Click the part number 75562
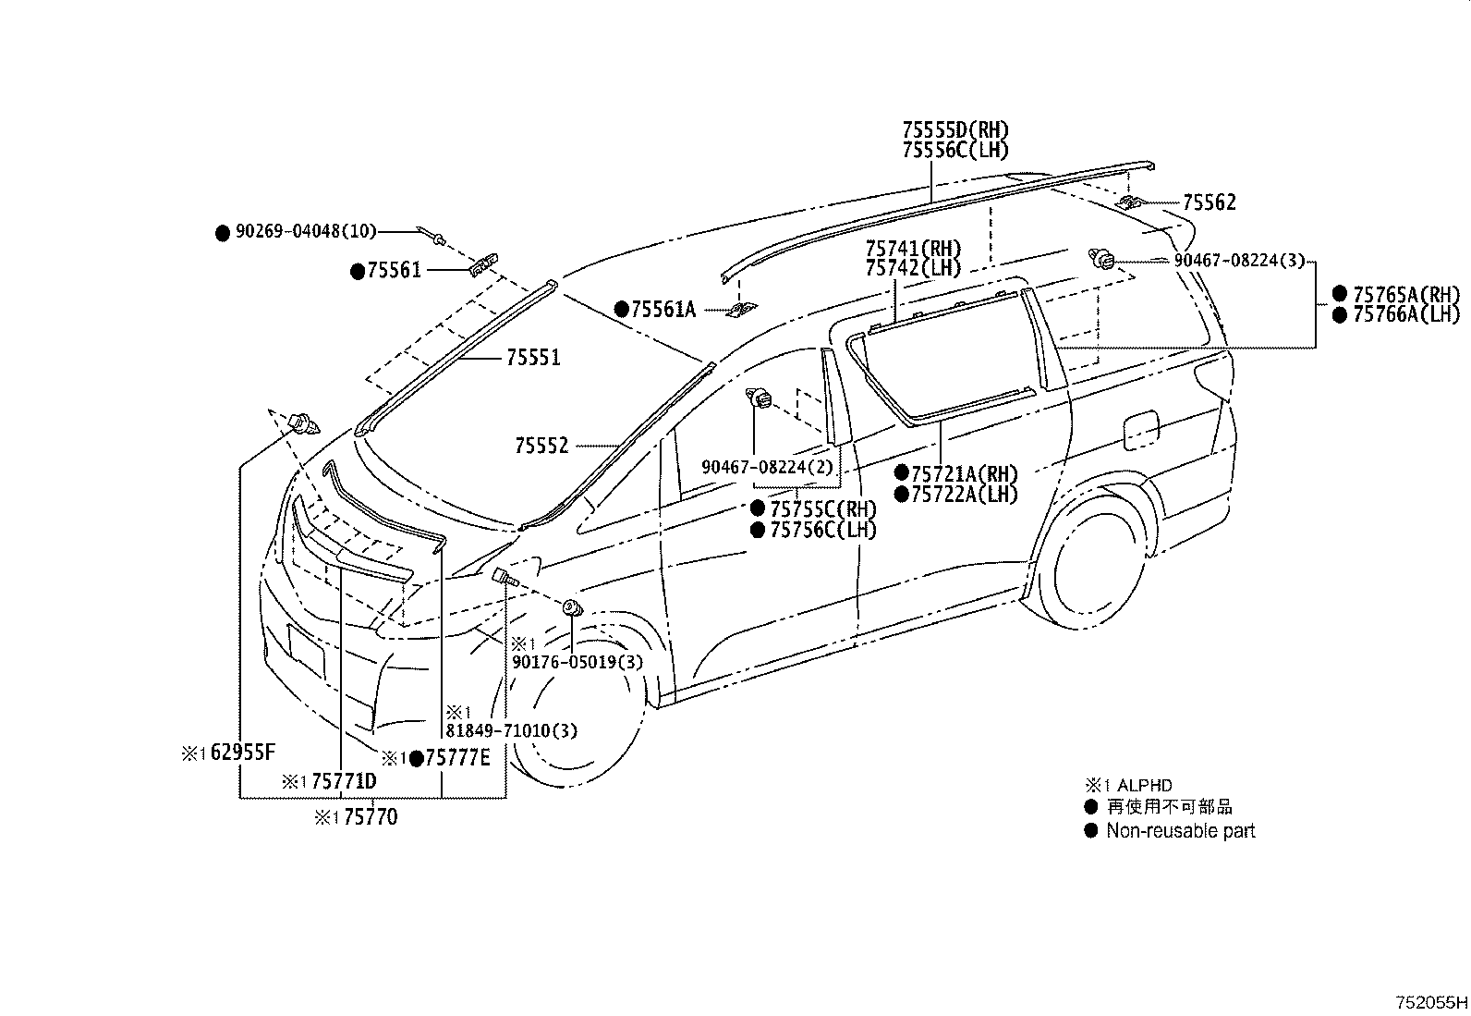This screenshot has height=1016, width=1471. tap(1210, 202)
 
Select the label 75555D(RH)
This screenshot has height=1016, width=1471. tap(955, 129)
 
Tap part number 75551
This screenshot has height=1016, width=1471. tap(533, 358)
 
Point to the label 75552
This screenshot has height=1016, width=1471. tap(541, 446)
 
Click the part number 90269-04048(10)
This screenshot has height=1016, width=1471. tap(306, 231)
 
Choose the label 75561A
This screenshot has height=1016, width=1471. tap(663, 309)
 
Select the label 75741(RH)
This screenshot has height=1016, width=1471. tap(913, 249)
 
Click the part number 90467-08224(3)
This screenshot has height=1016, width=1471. tap(1239, 261)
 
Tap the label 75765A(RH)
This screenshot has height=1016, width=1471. tap(1406, 294)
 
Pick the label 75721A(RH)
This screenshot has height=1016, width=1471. tap(965, 474)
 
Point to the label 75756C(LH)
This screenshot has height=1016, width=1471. tap(823, 530)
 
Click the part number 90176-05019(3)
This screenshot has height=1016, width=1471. tap(577, 662)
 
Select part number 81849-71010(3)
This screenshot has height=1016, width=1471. tap(512, 730)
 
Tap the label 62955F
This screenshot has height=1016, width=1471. tap(243, 753)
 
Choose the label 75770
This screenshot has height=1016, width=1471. tap(371, 817)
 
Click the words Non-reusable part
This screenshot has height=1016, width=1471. tap(1181, 831)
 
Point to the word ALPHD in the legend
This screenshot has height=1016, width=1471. tap(1145, 785)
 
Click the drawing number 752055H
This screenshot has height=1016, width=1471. tap(1431, 1003)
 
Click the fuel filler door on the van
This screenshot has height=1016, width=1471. tap(1141, 431)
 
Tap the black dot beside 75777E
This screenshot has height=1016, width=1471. tap(417, 759)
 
